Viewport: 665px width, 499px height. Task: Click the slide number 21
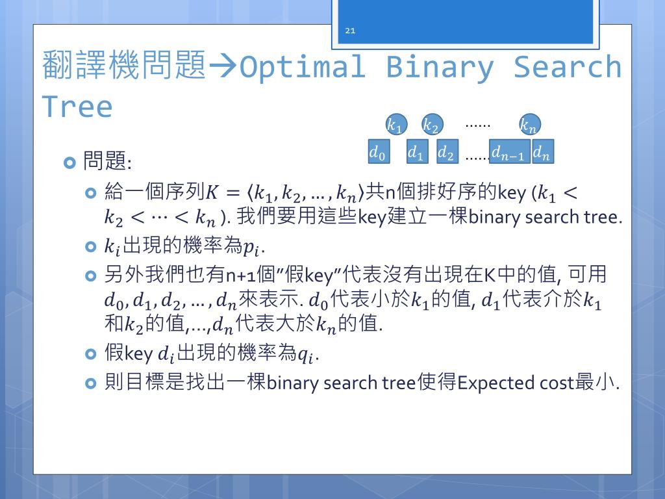350,31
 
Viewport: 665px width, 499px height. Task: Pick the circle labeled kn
529,125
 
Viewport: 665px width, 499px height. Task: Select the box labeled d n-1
509,153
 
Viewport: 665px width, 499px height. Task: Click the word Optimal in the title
303,67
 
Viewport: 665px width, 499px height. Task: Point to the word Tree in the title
77,106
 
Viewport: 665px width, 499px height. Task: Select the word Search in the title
567,67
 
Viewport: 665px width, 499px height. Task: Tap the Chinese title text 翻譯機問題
124,66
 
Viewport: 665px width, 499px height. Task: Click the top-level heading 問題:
107,161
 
